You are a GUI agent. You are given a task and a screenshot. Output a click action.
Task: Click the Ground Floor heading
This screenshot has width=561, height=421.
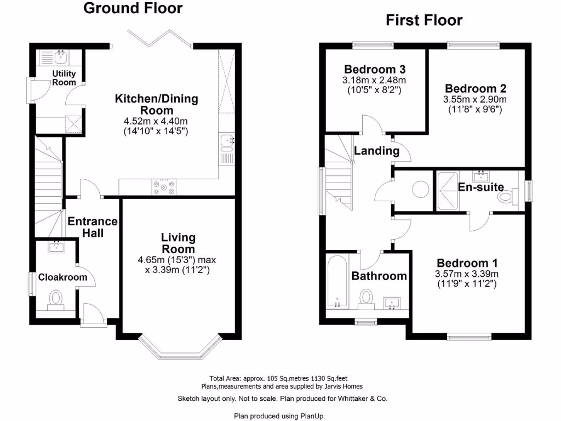133,8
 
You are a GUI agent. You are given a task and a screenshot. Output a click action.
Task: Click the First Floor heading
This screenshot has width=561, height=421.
424,20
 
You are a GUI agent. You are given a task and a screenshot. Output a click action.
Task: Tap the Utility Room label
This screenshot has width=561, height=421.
64,78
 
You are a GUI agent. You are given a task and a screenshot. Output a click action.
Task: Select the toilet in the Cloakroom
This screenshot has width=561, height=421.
55,299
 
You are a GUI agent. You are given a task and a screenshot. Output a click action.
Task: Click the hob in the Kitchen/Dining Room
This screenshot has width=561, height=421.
164,187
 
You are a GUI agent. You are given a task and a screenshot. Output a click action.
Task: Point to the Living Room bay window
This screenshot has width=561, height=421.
180,345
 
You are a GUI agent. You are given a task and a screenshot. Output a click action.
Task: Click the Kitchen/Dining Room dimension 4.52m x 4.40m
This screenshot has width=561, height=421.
156,121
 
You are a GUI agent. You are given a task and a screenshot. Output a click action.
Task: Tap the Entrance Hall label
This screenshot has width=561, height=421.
93,227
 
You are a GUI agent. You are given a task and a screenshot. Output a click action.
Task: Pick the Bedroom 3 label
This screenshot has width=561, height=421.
375,70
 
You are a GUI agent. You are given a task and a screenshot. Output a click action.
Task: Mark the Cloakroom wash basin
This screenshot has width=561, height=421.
56,247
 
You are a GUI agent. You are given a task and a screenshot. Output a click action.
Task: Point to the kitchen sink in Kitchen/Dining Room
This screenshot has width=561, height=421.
226,142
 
